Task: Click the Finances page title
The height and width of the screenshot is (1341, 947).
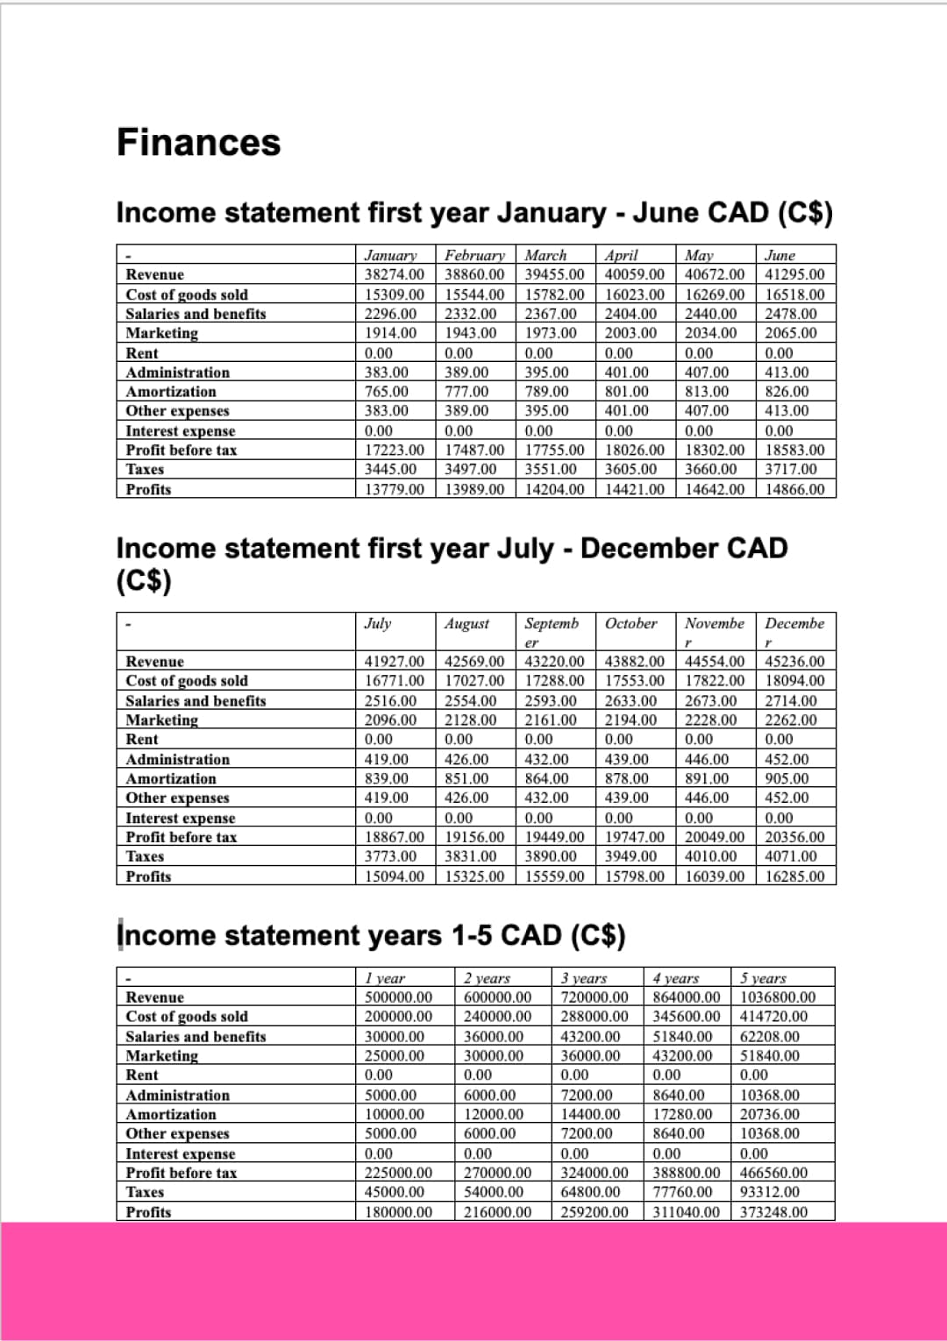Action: coord(199,143)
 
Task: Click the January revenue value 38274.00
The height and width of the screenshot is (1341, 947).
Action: coord(394,274)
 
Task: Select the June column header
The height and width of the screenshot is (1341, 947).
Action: coord(780,255)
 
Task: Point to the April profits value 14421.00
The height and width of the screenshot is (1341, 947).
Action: coord(635,489)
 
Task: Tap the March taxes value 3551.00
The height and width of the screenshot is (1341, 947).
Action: coord(551,469)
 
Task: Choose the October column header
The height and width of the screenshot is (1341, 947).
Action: coord(630,623)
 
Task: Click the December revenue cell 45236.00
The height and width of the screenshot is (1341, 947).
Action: coord(794,661)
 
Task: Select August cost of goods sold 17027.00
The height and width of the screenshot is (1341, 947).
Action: coord(474,680)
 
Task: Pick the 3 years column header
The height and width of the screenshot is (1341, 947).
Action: coord(584,978)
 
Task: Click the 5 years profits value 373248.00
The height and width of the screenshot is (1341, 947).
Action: coord(774,1212)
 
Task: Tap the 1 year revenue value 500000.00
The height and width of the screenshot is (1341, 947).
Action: coord(398,997)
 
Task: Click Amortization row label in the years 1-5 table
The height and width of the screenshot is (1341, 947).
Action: coord(171,1114)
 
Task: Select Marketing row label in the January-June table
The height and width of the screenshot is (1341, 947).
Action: coord(162,333)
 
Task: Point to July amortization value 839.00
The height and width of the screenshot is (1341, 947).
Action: coord(387,778)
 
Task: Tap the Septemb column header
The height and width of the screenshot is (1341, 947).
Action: coord(552,623)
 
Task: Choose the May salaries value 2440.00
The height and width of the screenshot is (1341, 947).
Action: coord(710,313)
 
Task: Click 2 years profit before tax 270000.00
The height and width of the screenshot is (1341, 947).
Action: coord(497,1173)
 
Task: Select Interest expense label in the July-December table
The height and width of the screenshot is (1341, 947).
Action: coord(181,818)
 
